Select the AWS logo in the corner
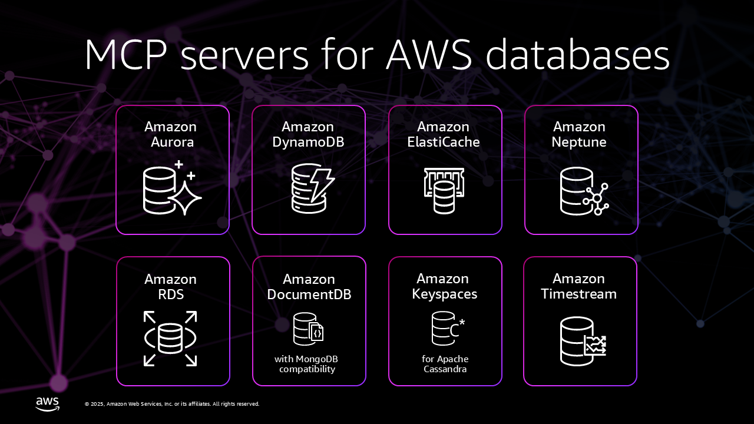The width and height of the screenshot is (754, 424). click(47, 403)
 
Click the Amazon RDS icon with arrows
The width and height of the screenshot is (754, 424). click(170, 339)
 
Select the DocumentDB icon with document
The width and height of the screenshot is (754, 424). click(309, 328)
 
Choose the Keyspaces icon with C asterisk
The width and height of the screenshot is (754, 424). click(448, 328)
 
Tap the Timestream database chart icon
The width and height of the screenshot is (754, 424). click(583, 342)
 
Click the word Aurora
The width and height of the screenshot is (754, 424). click(172, 142)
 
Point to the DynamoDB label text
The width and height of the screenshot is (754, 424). click(308, 142)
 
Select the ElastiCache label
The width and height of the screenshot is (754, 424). click(444, 142)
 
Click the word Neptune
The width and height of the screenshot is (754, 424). click(579, 142)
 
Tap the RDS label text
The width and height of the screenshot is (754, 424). click(171, 294)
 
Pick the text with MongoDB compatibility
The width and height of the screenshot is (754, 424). click(306, 364)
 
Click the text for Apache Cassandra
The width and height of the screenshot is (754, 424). click(445, 364)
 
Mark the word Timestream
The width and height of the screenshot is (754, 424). click(578, 294)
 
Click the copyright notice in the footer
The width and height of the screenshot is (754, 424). click(172, 404)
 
